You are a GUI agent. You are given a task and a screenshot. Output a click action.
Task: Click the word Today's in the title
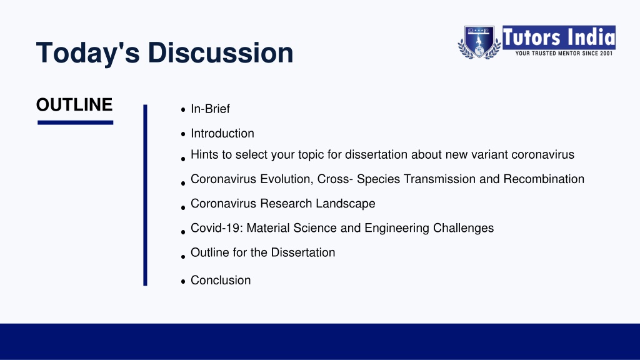(x=88, y=52)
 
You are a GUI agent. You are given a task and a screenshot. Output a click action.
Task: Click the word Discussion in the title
(x=221, y=52)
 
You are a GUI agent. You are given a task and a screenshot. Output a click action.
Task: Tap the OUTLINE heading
(x=74, y=105)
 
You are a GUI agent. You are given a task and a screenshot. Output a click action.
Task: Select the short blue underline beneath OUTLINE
(x=75, y=122)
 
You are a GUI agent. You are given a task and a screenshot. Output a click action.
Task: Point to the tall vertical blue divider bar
(x=145, y=195)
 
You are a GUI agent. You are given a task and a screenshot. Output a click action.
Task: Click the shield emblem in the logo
(x=479, y=42)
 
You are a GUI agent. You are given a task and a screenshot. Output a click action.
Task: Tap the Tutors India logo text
(x=559, y=37)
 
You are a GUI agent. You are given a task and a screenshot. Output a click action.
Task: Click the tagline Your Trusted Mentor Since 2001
(x=564, y=54)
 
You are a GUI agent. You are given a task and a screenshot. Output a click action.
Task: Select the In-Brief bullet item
(x=210, y=109)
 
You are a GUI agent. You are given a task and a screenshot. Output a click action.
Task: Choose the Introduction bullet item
(x=222, y=134)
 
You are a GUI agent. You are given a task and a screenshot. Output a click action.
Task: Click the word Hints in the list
(x=205, y=155)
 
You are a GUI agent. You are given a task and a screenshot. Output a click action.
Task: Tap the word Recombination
(x=544, y=179)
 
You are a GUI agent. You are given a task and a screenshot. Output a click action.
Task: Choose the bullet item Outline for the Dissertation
(x=263, y=252)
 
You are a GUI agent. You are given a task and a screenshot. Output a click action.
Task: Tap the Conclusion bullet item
(x=221, y=281)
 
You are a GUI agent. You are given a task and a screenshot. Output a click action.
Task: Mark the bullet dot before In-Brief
(x=183, y=109)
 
